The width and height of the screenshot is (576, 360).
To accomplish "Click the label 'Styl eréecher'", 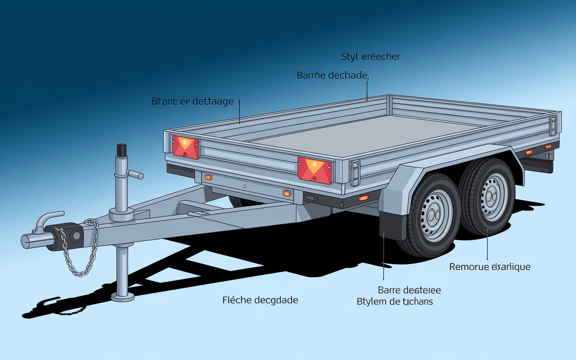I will point(371,57).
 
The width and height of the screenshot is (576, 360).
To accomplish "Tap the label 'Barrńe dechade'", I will point(333,75).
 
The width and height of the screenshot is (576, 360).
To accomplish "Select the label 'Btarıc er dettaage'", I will point(193,101).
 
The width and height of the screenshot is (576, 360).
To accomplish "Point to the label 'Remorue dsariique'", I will point(490,267).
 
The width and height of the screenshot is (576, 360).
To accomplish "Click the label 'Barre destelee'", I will point(409,290).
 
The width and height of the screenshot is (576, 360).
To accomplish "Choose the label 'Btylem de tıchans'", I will point(395,301).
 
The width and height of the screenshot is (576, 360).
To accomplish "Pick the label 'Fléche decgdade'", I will point(260,300).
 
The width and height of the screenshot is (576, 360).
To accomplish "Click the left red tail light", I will point(185,147).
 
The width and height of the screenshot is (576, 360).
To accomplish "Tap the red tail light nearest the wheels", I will point(315,170).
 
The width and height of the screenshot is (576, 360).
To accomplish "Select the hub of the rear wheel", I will point(492,196).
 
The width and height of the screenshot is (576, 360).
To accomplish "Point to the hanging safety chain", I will point(85,252).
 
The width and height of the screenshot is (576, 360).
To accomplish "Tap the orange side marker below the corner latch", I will point(363,198).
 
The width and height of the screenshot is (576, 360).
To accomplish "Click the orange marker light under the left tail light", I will point(208,177).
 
